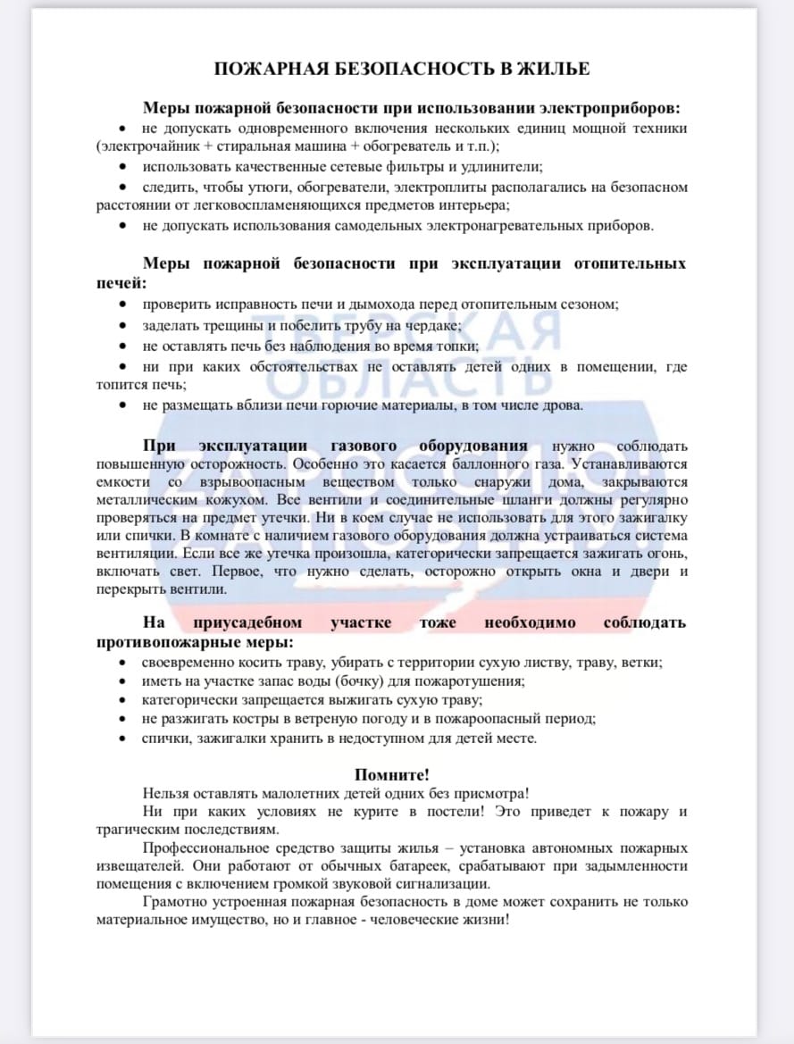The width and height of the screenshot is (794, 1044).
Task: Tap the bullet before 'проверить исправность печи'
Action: pyautogui.click(x=123, y=305)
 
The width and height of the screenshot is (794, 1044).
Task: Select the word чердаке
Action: pyautogui.click(x=432, y=325)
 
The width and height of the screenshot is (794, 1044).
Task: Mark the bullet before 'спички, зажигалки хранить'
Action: pyautogui.click(x=123, y=739)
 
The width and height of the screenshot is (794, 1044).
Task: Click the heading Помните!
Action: pyautogui.click(x=392, y=774)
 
